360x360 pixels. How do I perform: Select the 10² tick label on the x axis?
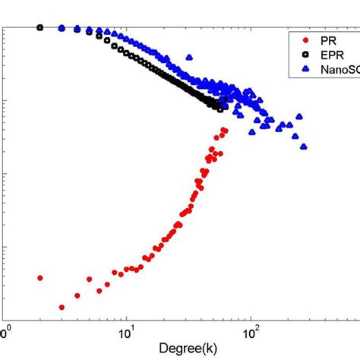249,333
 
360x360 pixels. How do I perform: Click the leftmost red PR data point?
39,278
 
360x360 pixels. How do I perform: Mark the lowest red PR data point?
62,308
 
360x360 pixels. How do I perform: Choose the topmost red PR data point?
224,130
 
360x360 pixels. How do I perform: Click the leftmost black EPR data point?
39,27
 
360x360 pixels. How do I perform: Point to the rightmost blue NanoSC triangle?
304,147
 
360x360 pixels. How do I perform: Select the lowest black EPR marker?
220,109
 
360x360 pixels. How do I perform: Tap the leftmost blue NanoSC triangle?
62,27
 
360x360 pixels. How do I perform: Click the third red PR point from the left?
77,295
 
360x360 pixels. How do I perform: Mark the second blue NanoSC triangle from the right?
300,116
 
